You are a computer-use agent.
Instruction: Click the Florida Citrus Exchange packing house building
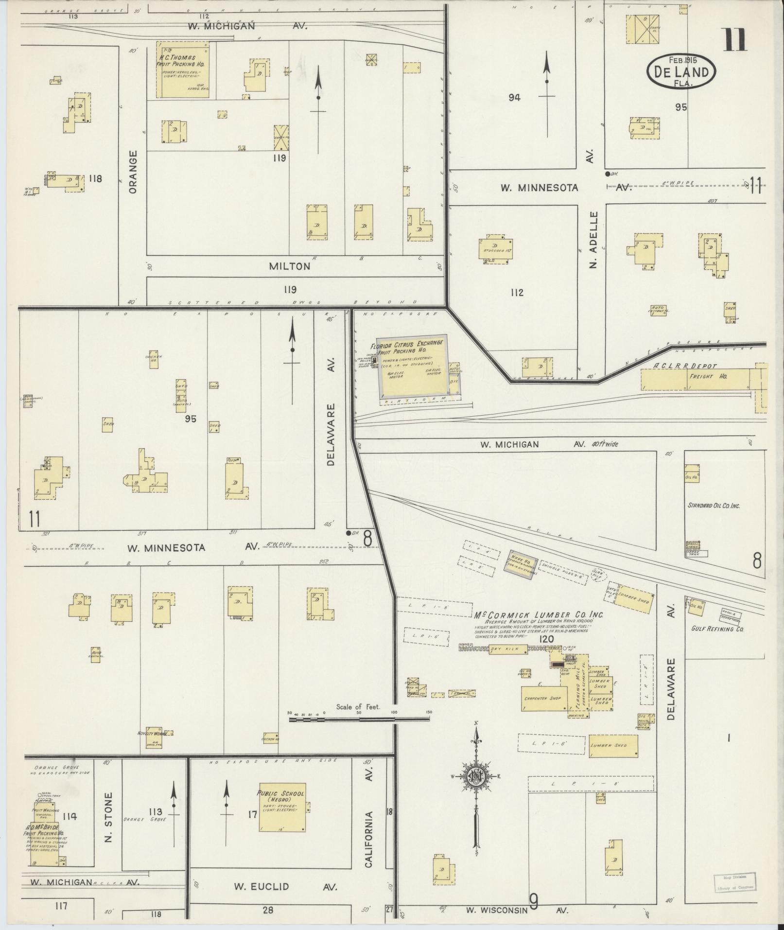413,365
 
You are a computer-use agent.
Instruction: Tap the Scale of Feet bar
359,718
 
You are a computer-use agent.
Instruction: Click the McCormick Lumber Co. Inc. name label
539,614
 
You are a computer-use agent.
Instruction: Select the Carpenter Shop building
542,699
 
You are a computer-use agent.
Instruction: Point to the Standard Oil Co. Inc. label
713,506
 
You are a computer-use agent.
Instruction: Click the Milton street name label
290,266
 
